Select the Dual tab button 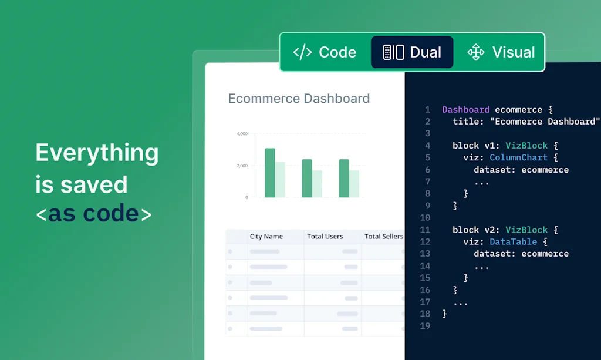(412, 52)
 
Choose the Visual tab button (501, 52)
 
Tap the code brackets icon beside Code (302, 52)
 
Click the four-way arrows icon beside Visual (475, 52)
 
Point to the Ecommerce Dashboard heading (299, 99)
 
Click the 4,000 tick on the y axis (242, 134)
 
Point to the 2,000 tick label (242, 166)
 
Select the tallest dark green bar (270, 173)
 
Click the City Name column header (266, 237)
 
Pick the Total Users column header (325, 237)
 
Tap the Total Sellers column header (384, 237)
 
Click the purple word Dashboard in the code (465, 110)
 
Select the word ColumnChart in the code (519, 157)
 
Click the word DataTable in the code (513, 242)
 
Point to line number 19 (425, 326)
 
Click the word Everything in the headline (97, 153)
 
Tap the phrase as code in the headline (93, 213)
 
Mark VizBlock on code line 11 (526, 230)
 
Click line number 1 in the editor (427, 110)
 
